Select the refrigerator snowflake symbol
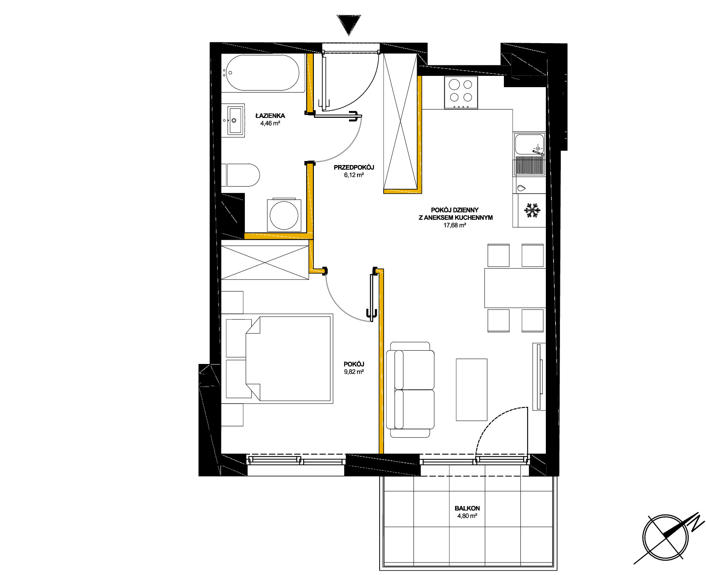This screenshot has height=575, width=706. tap(531, 211)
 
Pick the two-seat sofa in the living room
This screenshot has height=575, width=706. tap(410, 389)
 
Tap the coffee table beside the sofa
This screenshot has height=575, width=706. tap(472, 389)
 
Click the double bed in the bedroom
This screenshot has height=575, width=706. tap(279, 359)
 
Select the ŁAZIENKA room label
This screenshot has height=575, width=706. tap(270, 116)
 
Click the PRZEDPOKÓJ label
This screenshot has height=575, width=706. tap(355, 167)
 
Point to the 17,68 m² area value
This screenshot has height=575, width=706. tap(455, 225)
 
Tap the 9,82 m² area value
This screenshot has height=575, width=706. tap(354, 372)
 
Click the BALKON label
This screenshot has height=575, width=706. tap(467, 508)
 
